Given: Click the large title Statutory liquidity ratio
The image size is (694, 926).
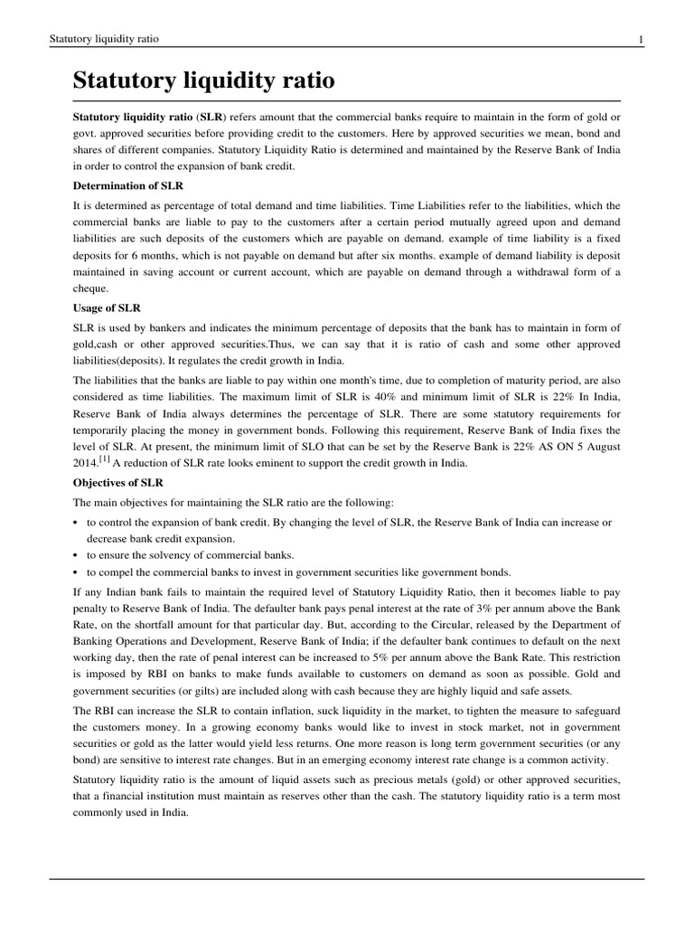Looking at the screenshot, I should [203, 81].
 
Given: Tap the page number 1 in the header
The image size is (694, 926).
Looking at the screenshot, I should [641, 39].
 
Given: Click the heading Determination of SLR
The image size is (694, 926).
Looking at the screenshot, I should [129, 186].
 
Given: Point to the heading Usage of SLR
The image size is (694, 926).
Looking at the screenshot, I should [107, 308].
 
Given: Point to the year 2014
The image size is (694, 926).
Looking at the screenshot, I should [87, 462].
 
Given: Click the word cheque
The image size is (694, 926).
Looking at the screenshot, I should [90, 288].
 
